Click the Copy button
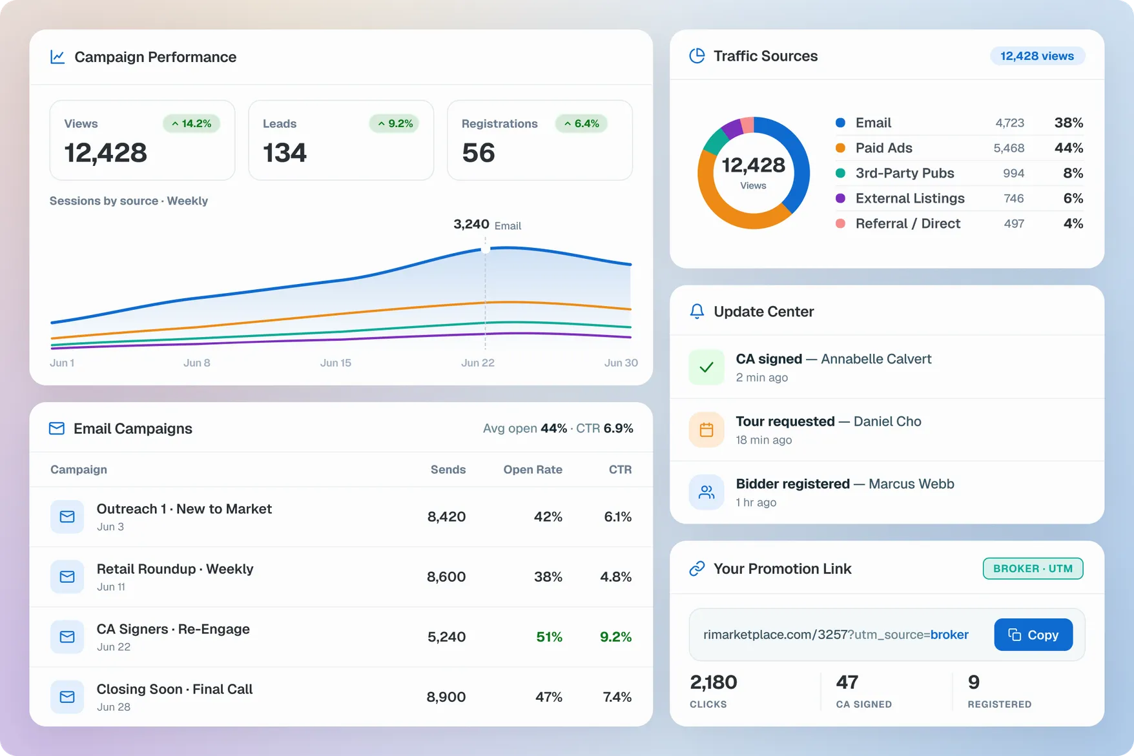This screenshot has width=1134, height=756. click(1033, 635)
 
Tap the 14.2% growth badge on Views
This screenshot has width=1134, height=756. click(191, 123)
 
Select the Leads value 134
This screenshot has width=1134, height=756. click(285, 153)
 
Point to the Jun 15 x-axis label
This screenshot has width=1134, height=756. click(336, 363)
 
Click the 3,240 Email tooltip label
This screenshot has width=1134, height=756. click(487, 225)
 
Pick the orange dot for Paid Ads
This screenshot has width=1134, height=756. click(840, 148)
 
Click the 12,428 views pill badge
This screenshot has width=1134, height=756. click(1037, 56)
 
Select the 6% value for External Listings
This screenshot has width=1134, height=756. click(1073, 198)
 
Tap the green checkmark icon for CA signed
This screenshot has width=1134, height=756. click(706, 367)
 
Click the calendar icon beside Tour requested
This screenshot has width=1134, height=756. click(706, 430)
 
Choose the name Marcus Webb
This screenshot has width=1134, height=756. click(911, 484)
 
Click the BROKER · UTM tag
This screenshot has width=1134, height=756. click(1033, 569)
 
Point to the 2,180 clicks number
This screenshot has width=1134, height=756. click(714, 682)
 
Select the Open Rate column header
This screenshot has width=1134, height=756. click(533, 469)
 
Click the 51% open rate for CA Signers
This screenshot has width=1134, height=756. click(549, 637)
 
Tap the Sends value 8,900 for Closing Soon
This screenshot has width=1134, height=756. click(446, 697)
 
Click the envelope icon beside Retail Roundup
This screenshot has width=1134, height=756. click(67, 577)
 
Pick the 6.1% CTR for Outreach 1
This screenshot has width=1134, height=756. click(618, 516)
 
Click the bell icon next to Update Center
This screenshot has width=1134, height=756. click(697, 311)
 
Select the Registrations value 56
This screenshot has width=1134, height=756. click(479, 153)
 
